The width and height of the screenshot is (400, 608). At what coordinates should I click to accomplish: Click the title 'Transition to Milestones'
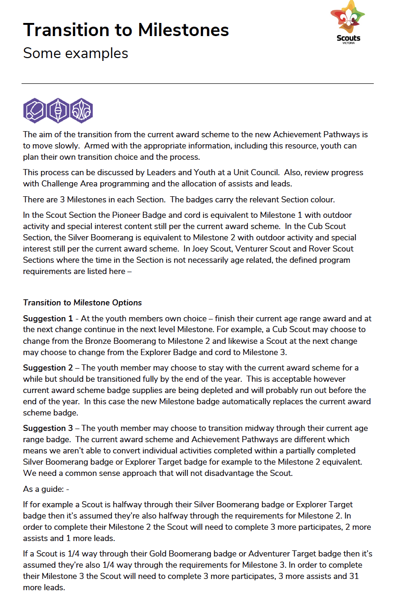[126, 30]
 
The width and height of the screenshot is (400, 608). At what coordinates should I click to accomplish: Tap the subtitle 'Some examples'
[75, 53]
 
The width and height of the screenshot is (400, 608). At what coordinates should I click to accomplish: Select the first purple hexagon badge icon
[35, 111]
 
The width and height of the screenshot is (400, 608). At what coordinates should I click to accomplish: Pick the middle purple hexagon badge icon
[58, 111]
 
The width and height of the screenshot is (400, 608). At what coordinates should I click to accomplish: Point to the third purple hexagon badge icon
[81, 111]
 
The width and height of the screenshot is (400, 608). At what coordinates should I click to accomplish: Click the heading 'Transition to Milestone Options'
[82, 303]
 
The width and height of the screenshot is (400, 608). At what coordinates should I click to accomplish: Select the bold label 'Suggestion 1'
[48, 319]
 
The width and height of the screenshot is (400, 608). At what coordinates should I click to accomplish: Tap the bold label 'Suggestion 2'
[48, 368]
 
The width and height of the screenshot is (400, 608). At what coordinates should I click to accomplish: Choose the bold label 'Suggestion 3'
[48, 428]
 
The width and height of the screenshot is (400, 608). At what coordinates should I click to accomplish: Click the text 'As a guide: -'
[46, 489]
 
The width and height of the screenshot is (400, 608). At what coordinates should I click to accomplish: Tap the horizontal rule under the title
[198, 84]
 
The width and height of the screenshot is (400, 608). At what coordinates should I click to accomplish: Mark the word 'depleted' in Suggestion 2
[252, 390]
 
